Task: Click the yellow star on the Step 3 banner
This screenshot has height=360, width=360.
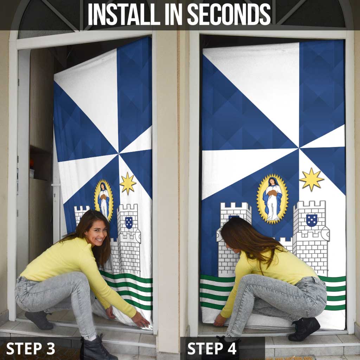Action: point(128,183)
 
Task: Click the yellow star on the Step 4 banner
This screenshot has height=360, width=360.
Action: point(311,179)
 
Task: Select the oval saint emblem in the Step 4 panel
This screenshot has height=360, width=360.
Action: point(272,199)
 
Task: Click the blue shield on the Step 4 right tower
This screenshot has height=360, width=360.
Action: point(311,220)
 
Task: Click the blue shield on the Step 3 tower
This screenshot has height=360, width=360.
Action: point(129,222)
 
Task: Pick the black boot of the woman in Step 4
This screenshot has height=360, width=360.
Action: point(304,329)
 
